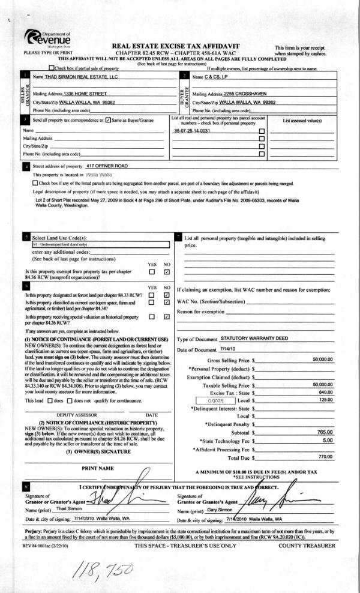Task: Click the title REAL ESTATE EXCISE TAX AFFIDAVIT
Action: [172, 46]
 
